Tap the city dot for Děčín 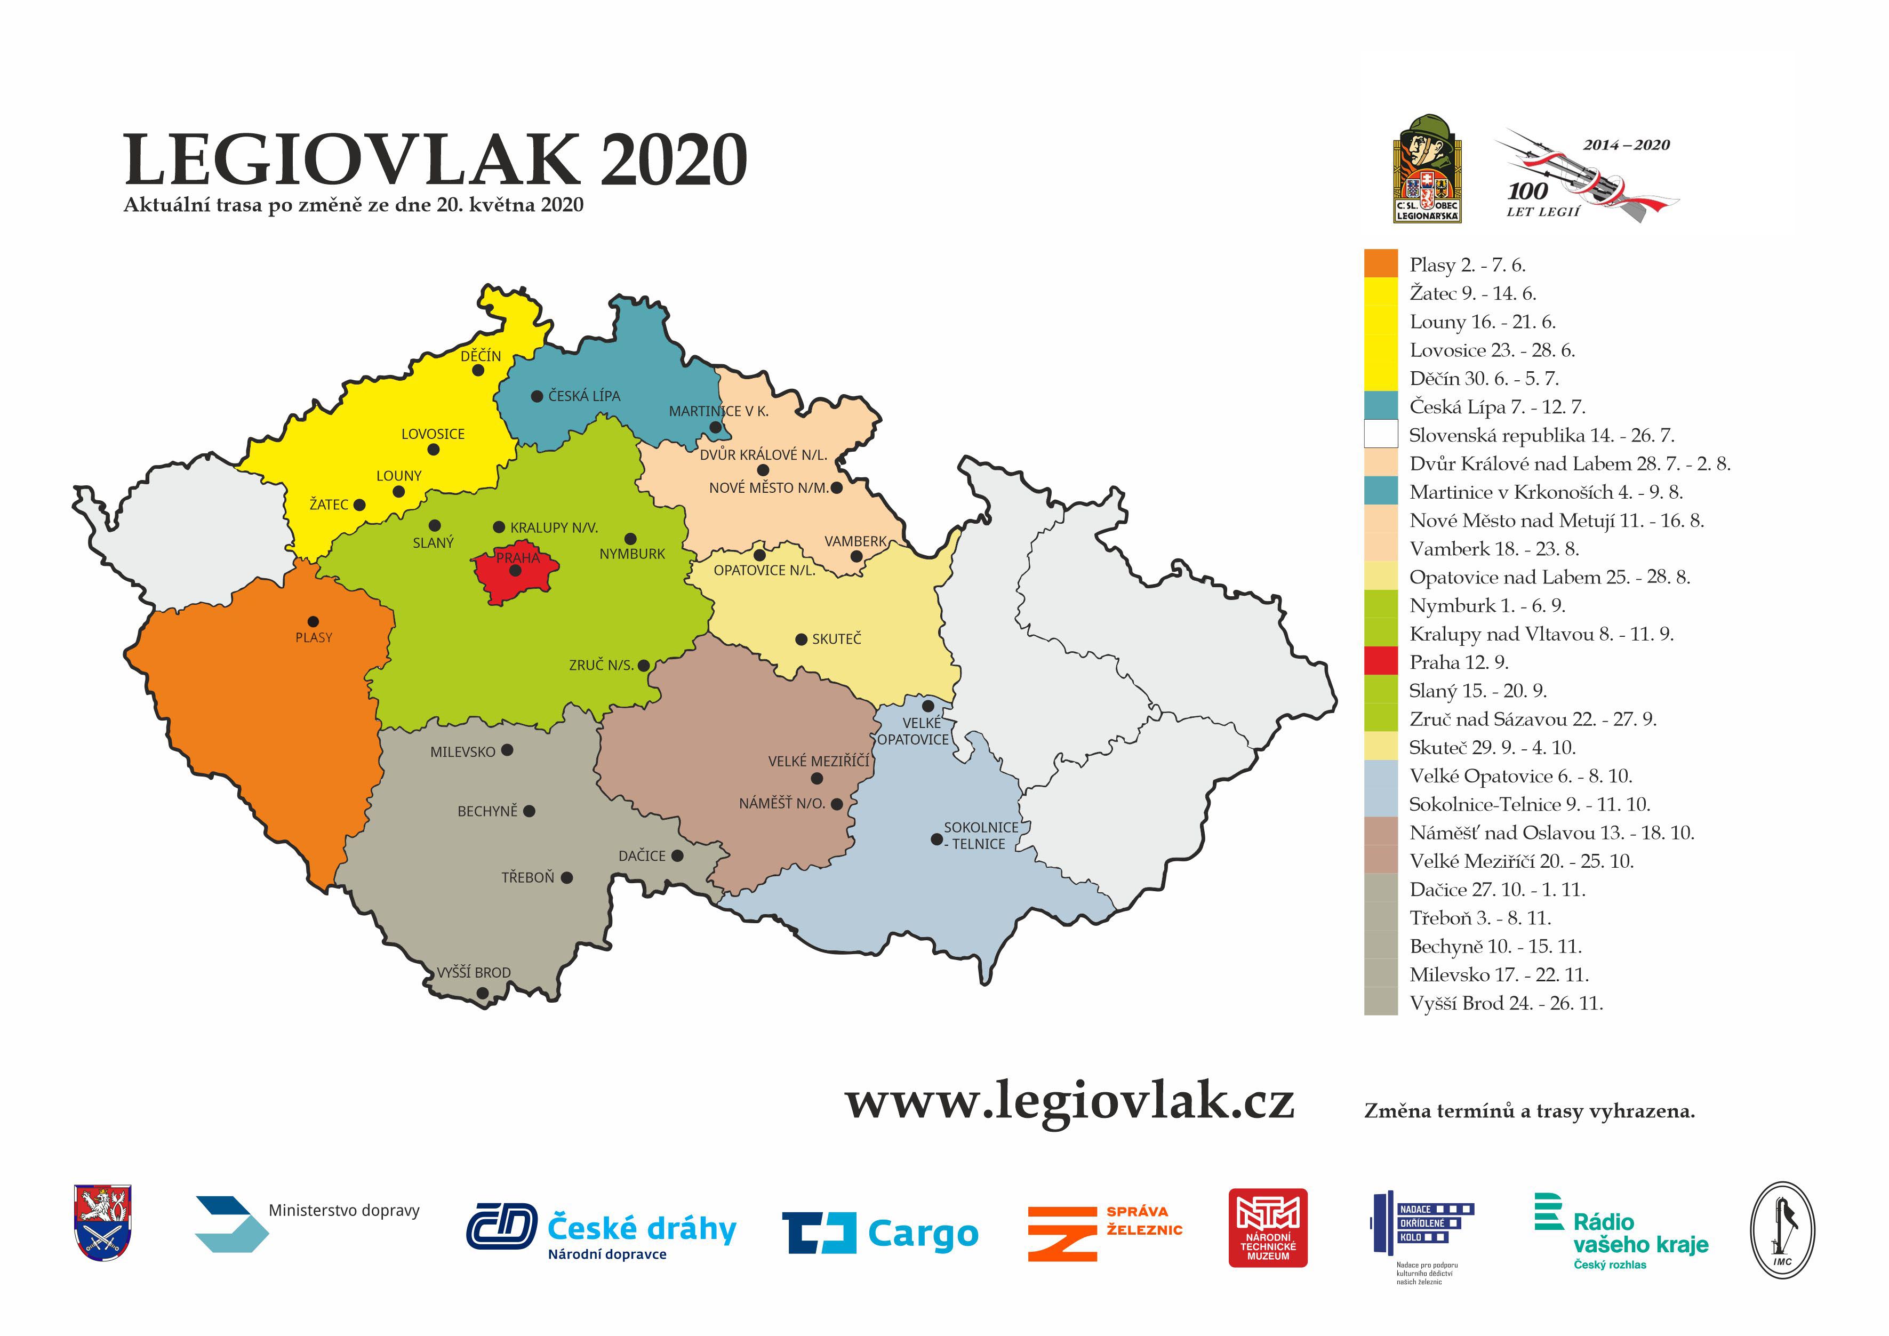point(478,370)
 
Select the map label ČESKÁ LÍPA point(584,396)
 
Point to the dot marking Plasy point(313,621)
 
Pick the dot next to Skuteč point(801,639)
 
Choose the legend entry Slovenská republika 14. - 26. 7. point(1540,435)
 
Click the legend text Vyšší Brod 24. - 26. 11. point(1506,1003)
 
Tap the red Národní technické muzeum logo point(1267,1227)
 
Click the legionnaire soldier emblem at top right point(1427,169)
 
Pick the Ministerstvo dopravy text point(344,1210)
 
